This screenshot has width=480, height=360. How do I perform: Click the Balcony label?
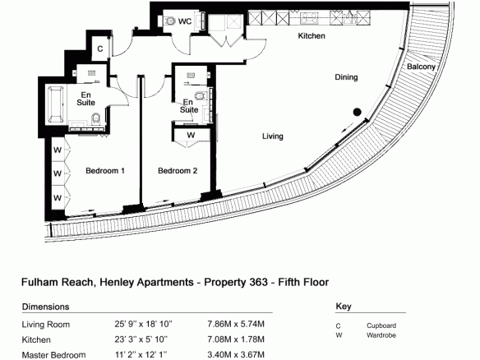coord(421,67)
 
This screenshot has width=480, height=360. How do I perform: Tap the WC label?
coord(185,21)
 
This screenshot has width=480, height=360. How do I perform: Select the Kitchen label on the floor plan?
coord(312,36)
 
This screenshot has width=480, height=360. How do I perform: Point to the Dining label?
coord(346,76)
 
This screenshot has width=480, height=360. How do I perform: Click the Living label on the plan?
coord(272,136)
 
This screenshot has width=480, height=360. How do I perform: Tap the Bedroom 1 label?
coord(105,170)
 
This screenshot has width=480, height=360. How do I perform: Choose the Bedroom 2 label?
coord(178,170)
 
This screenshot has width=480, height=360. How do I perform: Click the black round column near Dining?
coord(357,112)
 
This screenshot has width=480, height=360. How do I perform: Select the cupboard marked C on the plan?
coord(100,48)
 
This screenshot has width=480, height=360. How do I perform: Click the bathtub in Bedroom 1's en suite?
coord(56,104)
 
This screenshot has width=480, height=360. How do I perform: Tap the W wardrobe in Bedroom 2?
coord(192,135)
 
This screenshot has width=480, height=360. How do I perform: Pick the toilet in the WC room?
coord(168,21)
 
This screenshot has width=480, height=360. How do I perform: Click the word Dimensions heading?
coord(45,307)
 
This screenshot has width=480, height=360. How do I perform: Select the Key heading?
coord(344,306)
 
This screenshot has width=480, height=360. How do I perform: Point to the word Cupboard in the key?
coord(381,325)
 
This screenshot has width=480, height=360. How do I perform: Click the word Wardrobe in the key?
coord(381,335)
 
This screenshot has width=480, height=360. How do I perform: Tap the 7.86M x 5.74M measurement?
coord(236,324)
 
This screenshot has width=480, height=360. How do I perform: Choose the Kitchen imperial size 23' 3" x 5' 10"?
coord(141,339)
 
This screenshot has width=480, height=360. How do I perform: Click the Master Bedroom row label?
coord(53,355)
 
